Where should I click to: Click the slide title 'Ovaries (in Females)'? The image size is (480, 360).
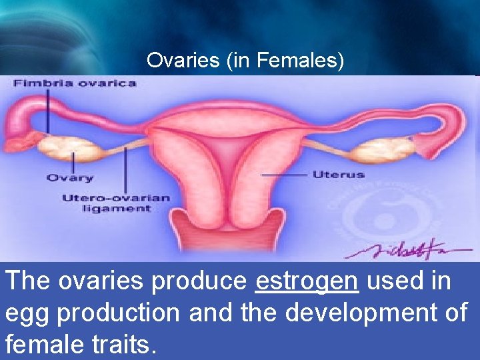pyautogui.click(x=245, y=61)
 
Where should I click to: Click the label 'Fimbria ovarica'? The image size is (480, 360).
pyautogui.click(x=74, y=83)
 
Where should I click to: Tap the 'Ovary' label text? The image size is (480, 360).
pyautogui.click(x=69, y=178)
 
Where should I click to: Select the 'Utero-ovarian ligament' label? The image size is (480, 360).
pyautogui.click(x=116, y=203)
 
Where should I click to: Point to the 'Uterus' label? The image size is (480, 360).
pyautogui.click(x=338, y=175)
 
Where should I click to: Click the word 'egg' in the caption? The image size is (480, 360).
pyautogui.click(x=27, y=313)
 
